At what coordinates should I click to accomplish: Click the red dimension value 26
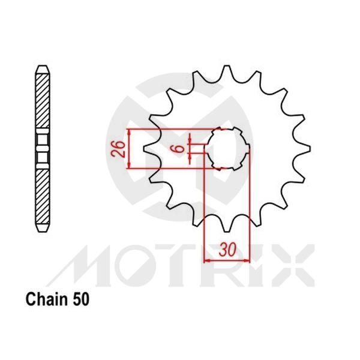(120, 148)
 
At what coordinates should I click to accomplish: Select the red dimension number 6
(181, 148)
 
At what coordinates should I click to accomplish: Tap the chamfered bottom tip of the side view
(41, 229)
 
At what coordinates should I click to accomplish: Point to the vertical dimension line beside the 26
(128, 148)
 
